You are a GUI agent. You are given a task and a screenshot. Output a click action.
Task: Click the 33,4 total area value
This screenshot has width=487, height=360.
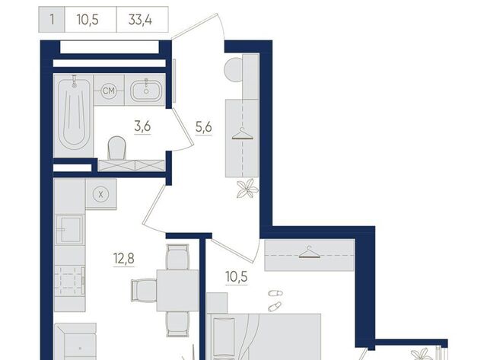[140, 20]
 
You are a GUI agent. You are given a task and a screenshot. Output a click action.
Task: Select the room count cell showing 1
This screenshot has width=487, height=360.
[52, 20]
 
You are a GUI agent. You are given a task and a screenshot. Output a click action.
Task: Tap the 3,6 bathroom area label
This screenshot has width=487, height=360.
[142, 126]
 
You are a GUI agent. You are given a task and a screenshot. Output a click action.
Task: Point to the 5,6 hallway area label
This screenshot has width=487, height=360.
[204, 127]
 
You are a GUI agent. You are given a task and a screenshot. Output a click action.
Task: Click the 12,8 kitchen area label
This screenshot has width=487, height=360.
[124, 259]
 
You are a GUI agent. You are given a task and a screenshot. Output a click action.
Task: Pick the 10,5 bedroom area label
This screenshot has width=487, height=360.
[237, 276]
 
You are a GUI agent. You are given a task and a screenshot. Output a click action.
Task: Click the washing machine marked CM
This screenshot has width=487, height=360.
[109, 91]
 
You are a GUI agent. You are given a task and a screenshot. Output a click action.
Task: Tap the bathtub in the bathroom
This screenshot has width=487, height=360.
[74, 116]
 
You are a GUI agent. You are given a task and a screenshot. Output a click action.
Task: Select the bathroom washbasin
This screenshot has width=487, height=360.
[145, 91]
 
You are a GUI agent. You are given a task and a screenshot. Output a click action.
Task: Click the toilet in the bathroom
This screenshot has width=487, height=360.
[116, 148]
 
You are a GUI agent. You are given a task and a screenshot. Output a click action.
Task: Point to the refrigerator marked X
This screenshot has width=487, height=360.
[101, 194]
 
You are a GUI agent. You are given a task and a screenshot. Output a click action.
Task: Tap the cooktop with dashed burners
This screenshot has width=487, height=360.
[69, 281]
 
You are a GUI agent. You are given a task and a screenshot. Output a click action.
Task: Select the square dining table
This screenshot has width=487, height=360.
[177, 291]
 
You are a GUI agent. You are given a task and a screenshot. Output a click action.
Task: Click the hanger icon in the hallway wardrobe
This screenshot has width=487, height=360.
[243, 135]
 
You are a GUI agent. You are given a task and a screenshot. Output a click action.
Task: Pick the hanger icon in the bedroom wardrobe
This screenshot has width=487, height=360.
[310, 252]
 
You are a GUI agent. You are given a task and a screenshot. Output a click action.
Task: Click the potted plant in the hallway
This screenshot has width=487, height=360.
[247, 188]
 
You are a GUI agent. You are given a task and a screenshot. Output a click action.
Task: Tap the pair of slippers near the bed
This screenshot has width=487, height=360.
[275, 301]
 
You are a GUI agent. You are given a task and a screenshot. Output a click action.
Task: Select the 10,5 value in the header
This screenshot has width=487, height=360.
[88, 20]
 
